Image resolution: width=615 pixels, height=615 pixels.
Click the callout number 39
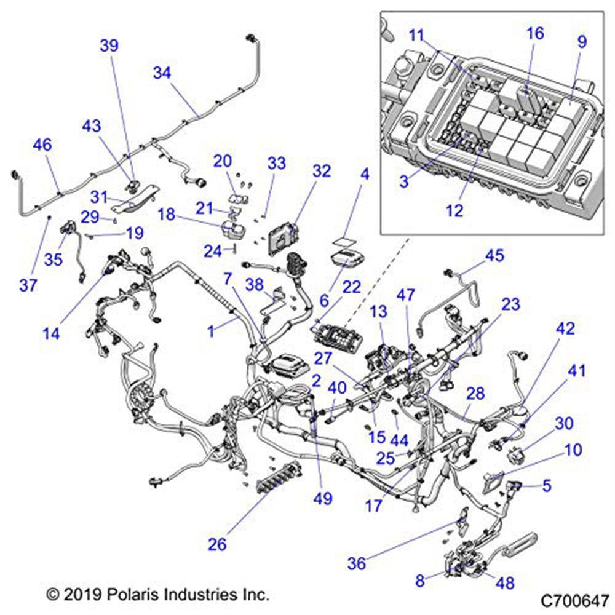pyautogui.click(x=109, y=46)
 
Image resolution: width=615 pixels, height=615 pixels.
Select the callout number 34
pyautogui.click(x=162, y=73)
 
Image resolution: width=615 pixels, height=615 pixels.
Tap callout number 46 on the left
pyautogui.click(x=42, y=145)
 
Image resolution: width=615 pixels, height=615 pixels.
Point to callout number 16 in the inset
pyautogui.click(x=535, y=33)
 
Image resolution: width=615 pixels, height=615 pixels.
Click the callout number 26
pyautogui.click(x=217, y=544)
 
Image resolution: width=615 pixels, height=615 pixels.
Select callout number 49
pyautogui.click(x=323, y=498)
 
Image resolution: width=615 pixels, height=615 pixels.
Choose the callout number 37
pyautogui.click(x=28, y=285)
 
